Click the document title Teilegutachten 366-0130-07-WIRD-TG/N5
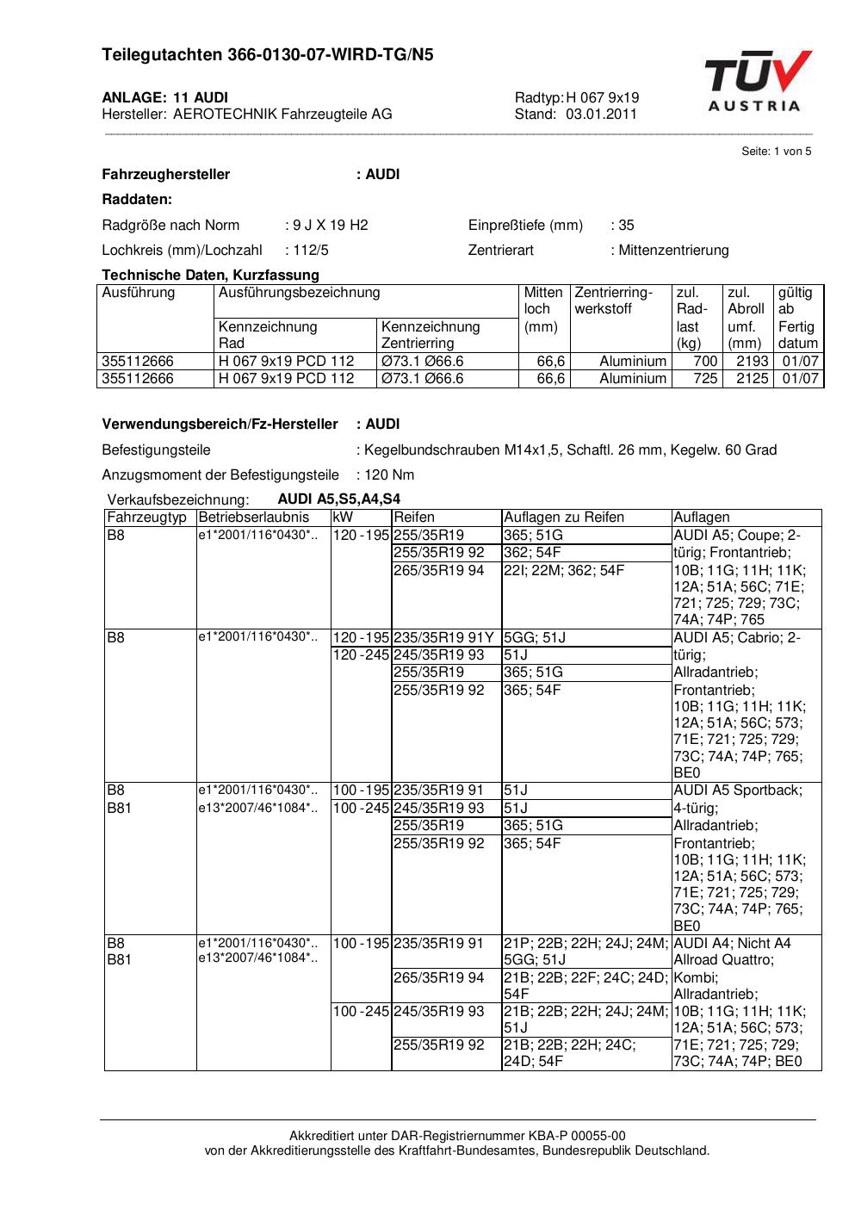(268, 55)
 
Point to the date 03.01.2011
(601, 114)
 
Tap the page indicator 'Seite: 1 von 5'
(776, 152)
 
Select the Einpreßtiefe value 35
(626, 226)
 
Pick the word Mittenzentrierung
(673, 251)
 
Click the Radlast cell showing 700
(706, 362)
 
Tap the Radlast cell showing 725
(706, 379)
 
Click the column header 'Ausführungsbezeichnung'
(300, 293)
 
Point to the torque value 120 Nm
(389, 475)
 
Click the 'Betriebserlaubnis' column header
(253, 518)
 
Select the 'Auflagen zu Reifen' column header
(563, 518)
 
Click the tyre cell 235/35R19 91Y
(444, 638)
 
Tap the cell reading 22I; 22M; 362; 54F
(564, 570)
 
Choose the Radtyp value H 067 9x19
(602, 97)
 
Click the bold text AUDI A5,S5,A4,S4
(338, 499)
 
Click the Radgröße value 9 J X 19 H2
(330, 226)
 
